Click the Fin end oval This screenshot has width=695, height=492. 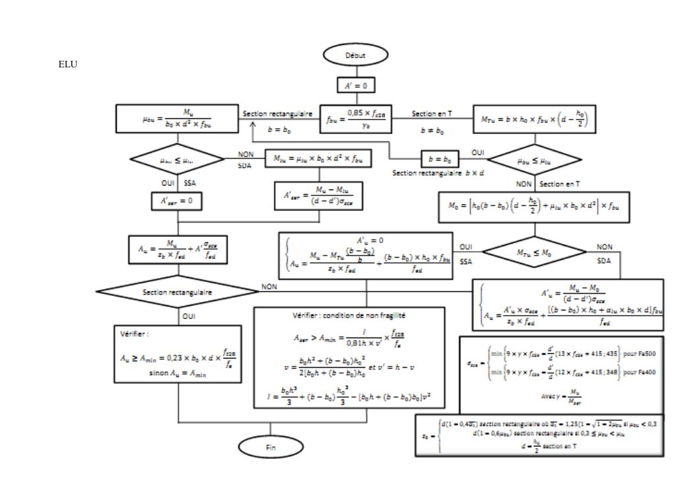pyautogui.click(x=271, y=447)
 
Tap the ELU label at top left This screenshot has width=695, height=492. pyautogui.click(x=68, y=65)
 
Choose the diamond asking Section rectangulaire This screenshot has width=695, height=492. pyautogui.click(x=176, y=291)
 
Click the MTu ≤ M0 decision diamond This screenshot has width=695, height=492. pyautogui.click(x=535, y=251)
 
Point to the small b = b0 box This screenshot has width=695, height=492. pyautogui.click(x=440, y=159)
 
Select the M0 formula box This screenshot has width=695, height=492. pyautogui.click(x=534, y=207)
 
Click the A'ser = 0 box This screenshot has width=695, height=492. pyautogui.click(x=175, y=201)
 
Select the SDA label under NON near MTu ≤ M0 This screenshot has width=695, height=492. pyautogui.click(x=604, y=260)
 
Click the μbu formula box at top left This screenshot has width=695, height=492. pyautogui.click(x=176, y=119)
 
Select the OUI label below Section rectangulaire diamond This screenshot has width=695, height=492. pyautogui.click(x=189, y=316)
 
